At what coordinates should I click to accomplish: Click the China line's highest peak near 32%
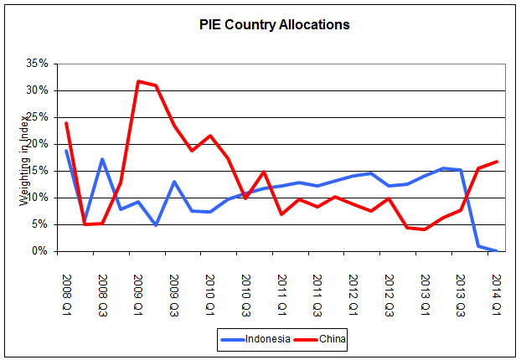pos(137,81)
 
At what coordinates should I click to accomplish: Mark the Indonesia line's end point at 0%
pos(498,251)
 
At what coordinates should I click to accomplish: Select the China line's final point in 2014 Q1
pos(498,162)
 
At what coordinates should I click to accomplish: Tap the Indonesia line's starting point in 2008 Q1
pos(66,151)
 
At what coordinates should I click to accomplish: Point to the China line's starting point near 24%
pos(66,123)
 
